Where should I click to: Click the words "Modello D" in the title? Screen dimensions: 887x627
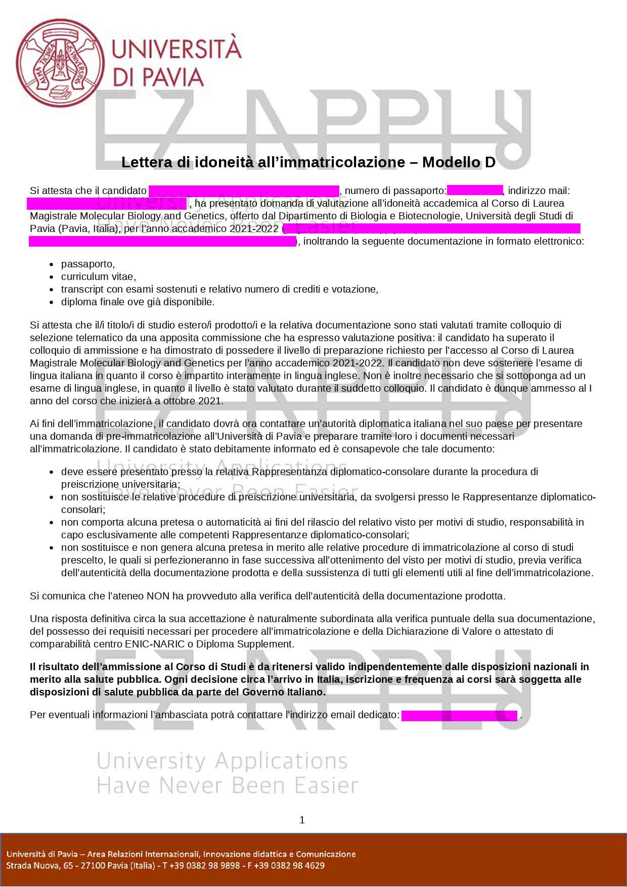(459, 162)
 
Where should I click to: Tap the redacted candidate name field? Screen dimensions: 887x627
(244, 191)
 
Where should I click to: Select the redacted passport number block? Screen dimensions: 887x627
(474, 191)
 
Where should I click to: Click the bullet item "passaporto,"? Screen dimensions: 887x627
(88, 264)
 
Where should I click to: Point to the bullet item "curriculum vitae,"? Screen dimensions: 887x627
(99, 276)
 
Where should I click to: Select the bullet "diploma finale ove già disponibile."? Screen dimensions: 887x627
(138, 302)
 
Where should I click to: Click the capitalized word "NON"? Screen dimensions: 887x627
(158, 596)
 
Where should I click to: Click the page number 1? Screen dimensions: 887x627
(302, 820)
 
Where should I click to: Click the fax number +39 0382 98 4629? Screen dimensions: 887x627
(292, 865)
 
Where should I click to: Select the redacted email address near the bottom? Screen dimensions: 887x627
(459, 715)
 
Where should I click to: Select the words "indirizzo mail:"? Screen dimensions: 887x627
(539, 191)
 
